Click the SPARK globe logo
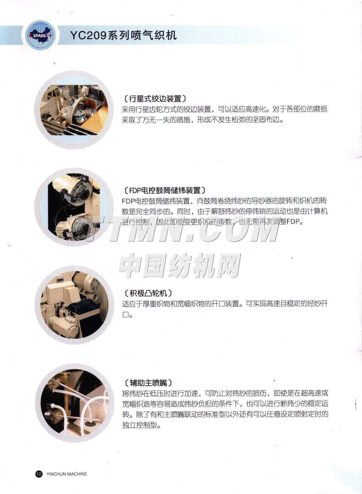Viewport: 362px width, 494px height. click(x=41, y=35)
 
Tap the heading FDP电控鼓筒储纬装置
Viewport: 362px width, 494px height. click(x=165, y=190)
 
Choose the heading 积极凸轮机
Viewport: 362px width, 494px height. click(x=148, y=293)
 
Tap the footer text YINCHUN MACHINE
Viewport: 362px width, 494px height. click(x=67, y=474)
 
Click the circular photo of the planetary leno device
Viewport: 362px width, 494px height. click(x=74, y=110)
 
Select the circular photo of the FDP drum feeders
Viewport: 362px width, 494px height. click(x=74, y=207)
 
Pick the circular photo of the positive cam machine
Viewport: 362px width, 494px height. click(x=74, y=305)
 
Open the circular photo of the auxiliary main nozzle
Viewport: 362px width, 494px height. click(x=75, y=403)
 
